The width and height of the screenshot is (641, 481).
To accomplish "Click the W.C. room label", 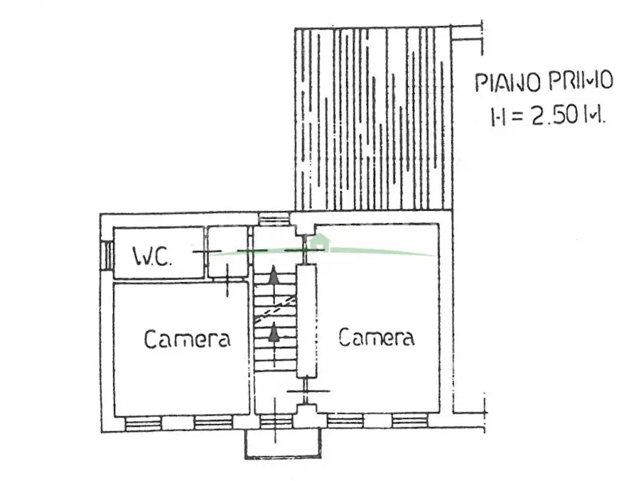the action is click(x=152, y=257).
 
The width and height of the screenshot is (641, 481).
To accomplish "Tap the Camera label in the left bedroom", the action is click(x=187, y=339).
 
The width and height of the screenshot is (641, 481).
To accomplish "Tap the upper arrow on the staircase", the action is click(x=273, y=275).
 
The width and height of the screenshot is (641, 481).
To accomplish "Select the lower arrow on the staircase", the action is click(x=274, y=332).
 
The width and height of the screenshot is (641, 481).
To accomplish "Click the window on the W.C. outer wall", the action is click(x=107, y=256).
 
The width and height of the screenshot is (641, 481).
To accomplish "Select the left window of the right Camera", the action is click(x=345, y=421).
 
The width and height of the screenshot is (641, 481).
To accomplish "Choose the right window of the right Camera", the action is click(x=410, y=421).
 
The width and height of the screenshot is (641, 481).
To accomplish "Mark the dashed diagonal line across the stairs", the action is click(x=275, y=309).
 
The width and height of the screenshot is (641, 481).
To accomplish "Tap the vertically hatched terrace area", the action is click(x=374, y=118).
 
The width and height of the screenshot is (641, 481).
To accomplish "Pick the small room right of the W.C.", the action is click(x=228, y=252).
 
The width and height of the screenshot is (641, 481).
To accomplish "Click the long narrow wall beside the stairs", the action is click(x=307, y=321).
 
